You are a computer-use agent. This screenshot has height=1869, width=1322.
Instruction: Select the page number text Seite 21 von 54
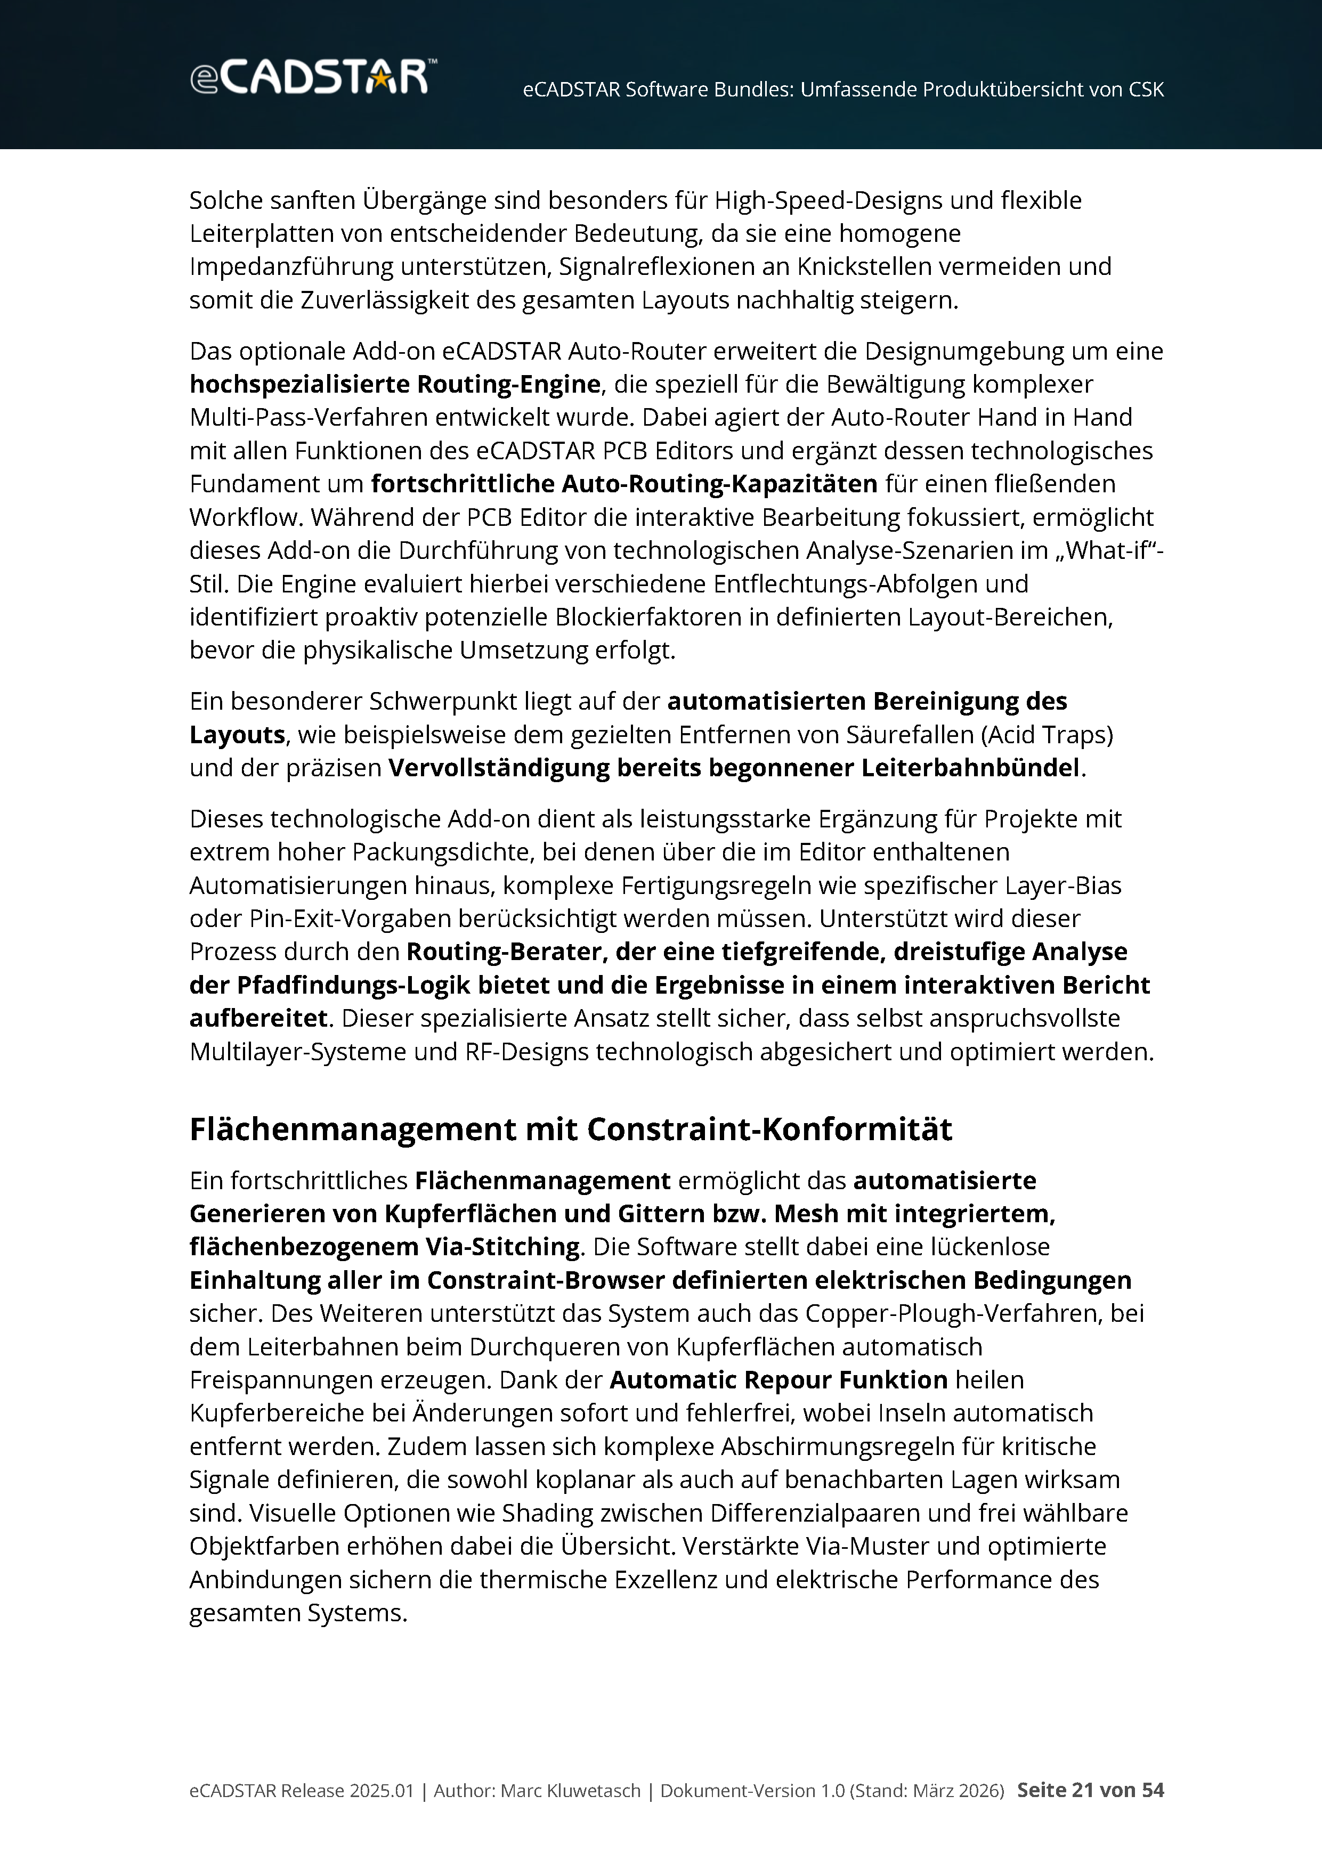click(x=1090, y=1790)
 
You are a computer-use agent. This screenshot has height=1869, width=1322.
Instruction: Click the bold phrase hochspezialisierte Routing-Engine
click(x=395, y=384)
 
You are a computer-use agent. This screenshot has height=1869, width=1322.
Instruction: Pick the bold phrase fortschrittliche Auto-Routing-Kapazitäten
click(x=623, y=484)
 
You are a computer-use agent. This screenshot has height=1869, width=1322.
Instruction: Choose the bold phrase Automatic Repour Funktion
click(x=778, y=1380)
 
